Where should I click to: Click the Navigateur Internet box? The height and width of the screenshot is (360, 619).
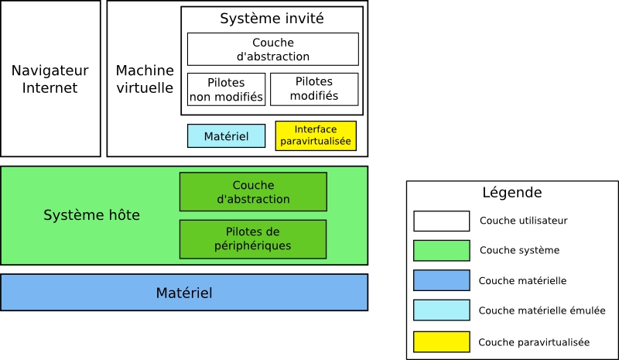50,79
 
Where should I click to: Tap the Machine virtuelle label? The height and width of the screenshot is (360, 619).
145,79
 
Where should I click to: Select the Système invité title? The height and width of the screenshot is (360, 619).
272,19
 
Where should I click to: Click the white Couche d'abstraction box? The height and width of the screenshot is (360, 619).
272,49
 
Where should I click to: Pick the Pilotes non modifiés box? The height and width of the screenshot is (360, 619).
226,89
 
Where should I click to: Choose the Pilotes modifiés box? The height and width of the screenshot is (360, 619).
313,89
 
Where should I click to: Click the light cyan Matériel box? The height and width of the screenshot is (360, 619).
226,136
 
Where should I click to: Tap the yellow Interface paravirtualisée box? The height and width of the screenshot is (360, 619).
316,135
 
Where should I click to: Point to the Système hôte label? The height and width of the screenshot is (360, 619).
91,215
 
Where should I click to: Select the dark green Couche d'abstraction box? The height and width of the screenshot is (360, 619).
253,192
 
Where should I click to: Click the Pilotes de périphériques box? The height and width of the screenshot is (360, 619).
253,238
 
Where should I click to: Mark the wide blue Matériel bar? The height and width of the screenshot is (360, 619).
184,293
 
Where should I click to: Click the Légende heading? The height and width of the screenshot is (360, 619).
511,193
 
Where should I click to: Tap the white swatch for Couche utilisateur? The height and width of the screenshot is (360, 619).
441,221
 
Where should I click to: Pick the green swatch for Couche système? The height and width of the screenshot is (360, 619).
441,250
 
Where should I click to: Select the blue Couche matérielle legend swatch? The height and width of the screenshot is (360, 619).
441,280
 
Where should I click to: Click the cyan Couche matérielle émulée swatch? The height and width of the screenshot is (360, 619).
441,310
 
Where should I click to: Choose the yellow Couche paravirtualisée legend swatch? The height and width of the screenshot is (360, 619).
441,341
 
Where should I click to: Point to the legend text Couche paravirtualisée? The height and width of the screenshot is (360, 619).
534,341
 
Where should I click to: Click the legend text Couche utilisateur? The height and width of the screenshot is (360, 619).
523,221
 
